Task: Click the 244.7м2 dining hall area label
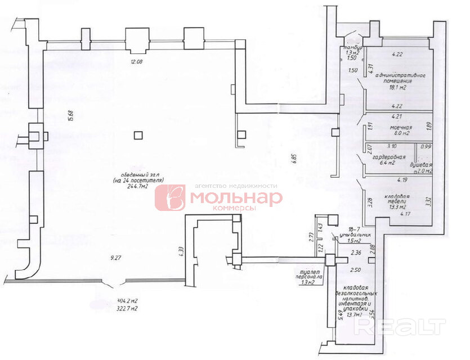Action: click(x=137, y=188)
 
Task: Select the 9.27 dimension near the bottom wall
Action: click(x=117, y=258)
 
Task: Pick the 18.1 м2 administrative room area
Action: click(x=395, y=88)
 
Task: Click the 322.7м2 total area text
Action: click(x=127, y=309)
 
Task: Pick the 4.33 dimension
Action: click(x=181, y=250)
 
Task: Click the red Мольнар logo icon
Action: click(x=170, y=198)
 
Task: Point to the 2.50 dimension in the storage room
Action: click(x=355, y=270)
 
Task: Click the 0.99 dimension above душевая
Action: click(x=426, y=147)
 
